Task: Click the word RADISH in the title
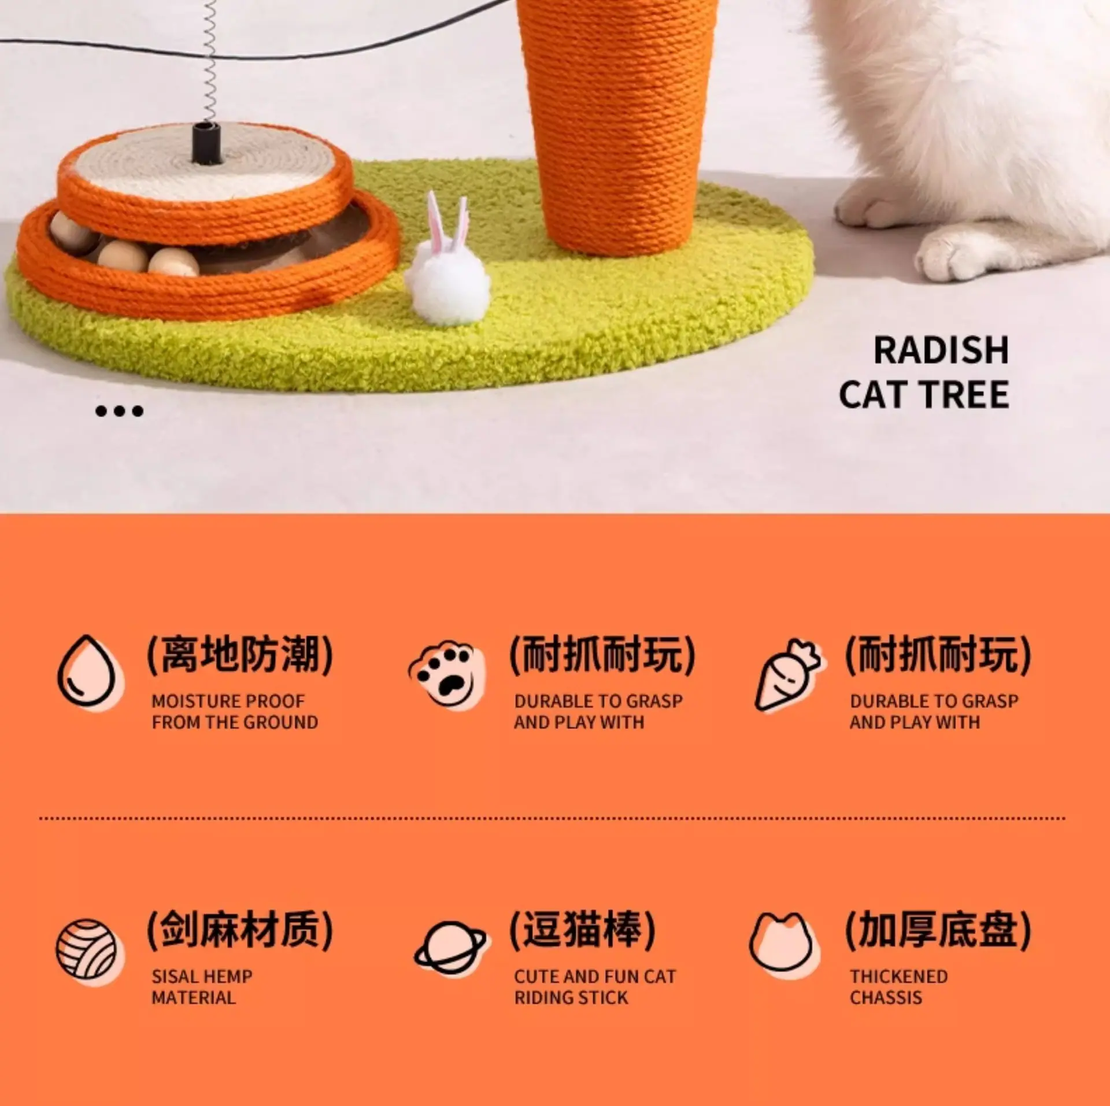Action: [941, 350]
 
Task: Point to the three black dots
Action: [119, 411]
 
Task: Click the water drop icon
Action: [91, 672]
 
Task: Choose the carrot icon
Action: [789, 675]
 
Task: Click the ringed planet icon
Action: [451, 948]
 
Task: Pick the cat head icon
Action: [785, 946]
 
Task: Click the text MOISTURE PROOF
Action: [228, 701]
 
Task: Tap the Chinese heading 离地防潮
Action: [240, 655]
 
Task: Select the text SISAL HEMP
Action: [202, 977]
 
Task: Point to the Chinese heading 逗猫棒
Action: [582, 930]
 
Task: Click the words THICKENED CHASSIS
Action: [899, 987]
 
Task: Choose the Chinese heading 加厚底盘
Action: [938, 930]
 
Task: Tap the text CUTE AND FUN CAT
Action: [595, 977]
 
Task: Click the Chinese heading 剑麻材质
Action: [240, 930]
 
